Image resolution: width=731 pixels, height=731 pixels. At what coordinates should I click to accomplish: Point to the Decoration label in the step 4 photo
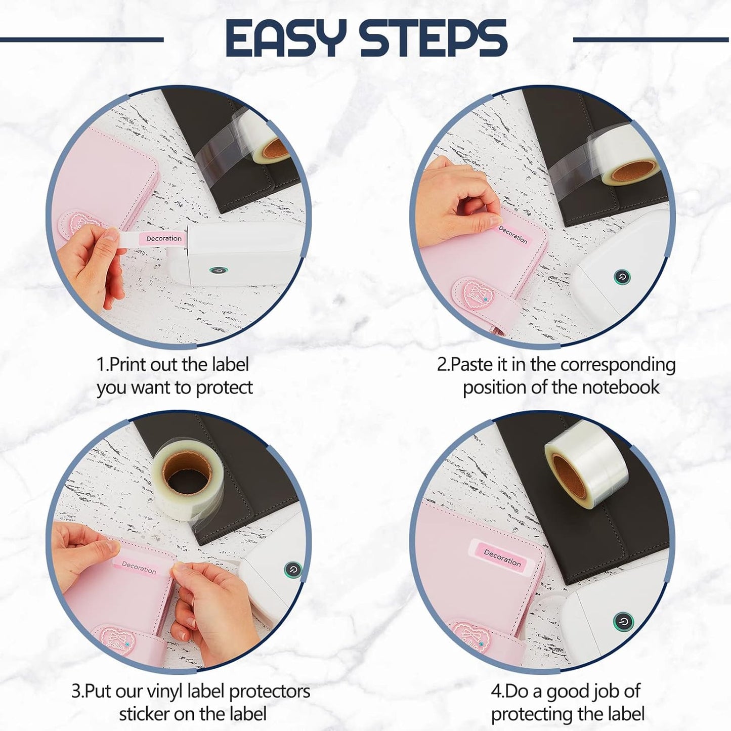[x=503, y=557]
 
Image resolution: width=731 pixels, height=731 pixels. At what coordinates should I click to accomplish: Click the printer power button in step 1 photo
[x=218, y=271]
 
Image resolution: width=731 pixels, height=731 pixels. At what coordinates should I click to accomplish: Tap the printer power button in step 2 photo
[x=622, y=277]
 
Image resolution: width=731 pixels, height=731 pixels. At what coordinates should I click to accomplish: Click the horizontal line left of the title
[x=81, y=39]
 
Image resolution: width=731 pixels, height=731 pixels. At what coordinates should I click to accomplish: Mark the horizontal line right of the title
[x=652, y=39]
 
